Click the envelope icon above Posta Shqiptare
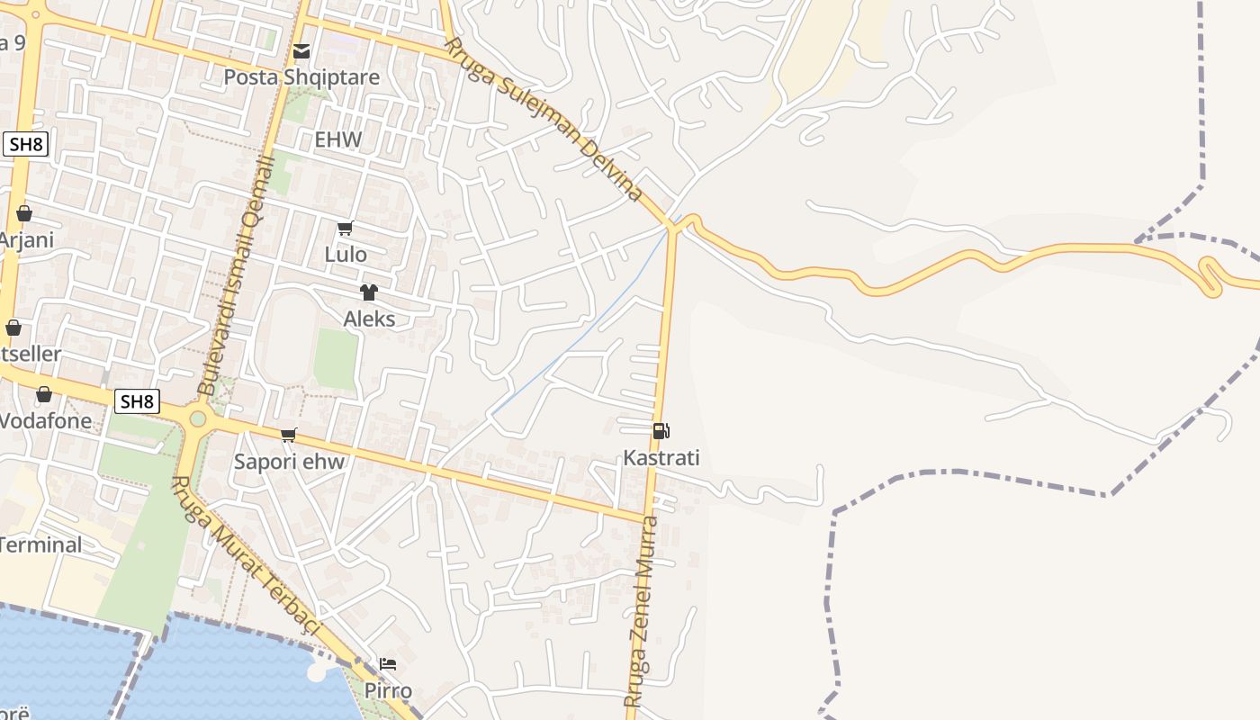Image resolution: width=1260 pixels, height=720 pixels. tap(301, 51)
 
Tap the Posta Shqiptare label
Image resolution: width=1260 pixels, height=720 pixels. tap(301, 77)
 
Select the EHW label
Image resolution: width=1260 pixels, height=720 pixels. tap(337, 139)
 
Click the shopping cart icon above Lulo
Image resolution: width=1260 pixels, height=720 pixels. tap(346, 229)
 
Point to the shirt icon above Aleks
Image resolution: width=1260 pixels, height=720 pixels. tap(368, 292)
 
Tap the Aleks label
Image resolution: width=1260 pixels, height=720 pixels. tap(369, 319)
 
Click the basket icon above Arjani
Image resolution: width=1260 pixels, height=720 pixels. tap(24, 214)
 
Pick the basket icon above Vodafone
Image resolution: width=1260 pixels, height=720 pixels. tap(43, 394)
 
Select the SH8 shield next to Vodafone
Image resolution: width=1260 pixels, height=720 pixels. tap(137, 401)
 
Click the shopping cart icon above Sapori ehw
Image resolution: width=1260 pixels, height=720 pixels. tap(289, 436)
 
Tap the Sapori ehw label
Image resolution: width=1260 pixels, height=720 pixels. tap(289, 462)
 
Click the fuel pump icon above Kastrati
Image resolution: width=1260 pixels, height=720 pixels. tap(661, 432)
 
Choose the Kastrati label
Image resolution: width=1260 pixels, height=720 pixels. tap(661, 458)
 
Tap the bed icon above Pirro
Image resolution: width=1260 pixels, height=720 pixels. tap(388, 664)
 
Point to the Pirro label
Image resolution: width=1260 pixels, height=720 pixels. tap(388, 691)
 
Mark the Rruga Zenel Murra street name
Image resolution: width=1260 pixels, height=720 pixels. tap(643, 612)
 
